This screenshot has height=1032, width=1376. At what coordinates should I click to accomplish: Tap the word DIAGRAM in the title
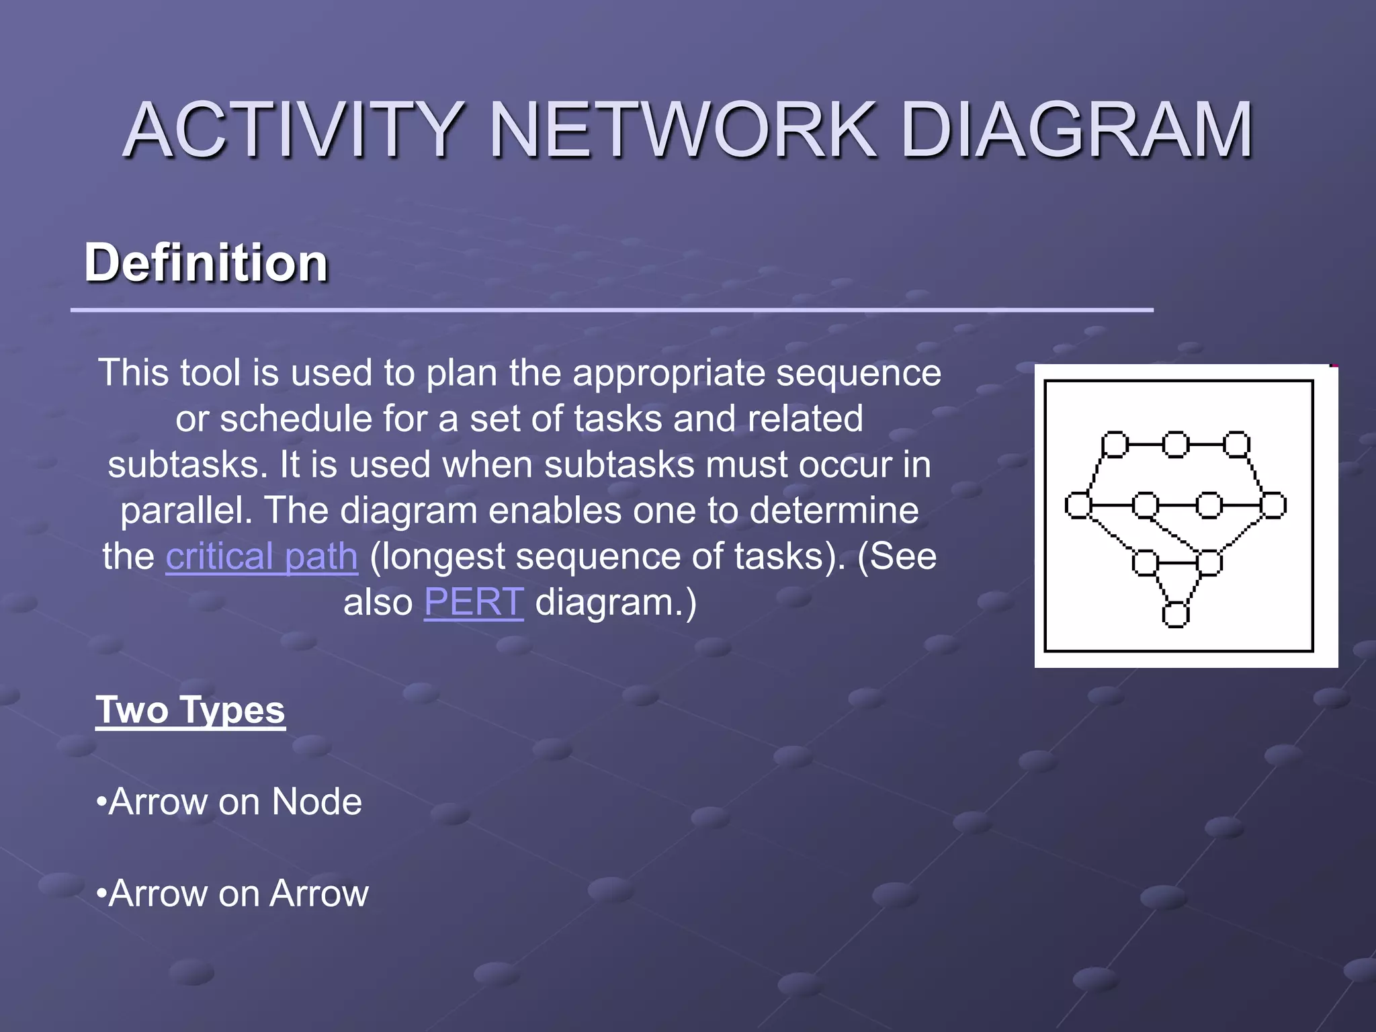coord(1076,129)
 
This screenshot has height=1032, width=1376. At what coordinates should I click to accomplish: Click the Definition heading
coord(206,263)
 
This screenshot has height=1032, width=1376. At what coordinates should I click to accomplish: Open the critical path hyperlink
coord(261,556)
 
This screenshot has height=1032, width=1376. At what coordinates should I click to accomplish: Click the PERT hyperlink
coord(474,602)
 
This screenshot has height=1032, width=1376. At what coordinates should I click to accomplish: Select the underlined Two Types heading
coord(190,710)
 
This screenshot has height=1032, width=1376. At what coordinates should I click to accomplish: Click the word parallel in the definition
coord(185,511)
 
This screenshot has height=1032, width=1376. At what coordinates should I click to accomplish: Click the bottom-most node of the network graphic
coord(1175,615)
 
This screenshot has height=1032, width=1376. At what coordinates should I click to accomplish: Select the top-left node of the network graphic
coord(1115,445)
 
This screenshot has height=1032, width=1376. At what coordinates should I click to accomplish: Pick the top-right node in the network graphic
coord(1236,445)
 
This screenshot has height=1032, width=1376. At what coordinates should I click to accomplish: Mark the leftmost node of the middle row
coord(1078,505)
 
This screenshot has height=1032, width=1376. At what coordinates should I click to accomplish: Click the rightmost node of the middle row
coord(1273,505)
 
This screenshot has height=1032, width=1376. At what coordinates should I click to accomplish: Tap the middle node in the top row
coord(1175,445)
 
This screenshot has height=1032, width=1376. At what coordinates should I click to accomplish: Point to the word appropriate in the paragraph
coord(669,374)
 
